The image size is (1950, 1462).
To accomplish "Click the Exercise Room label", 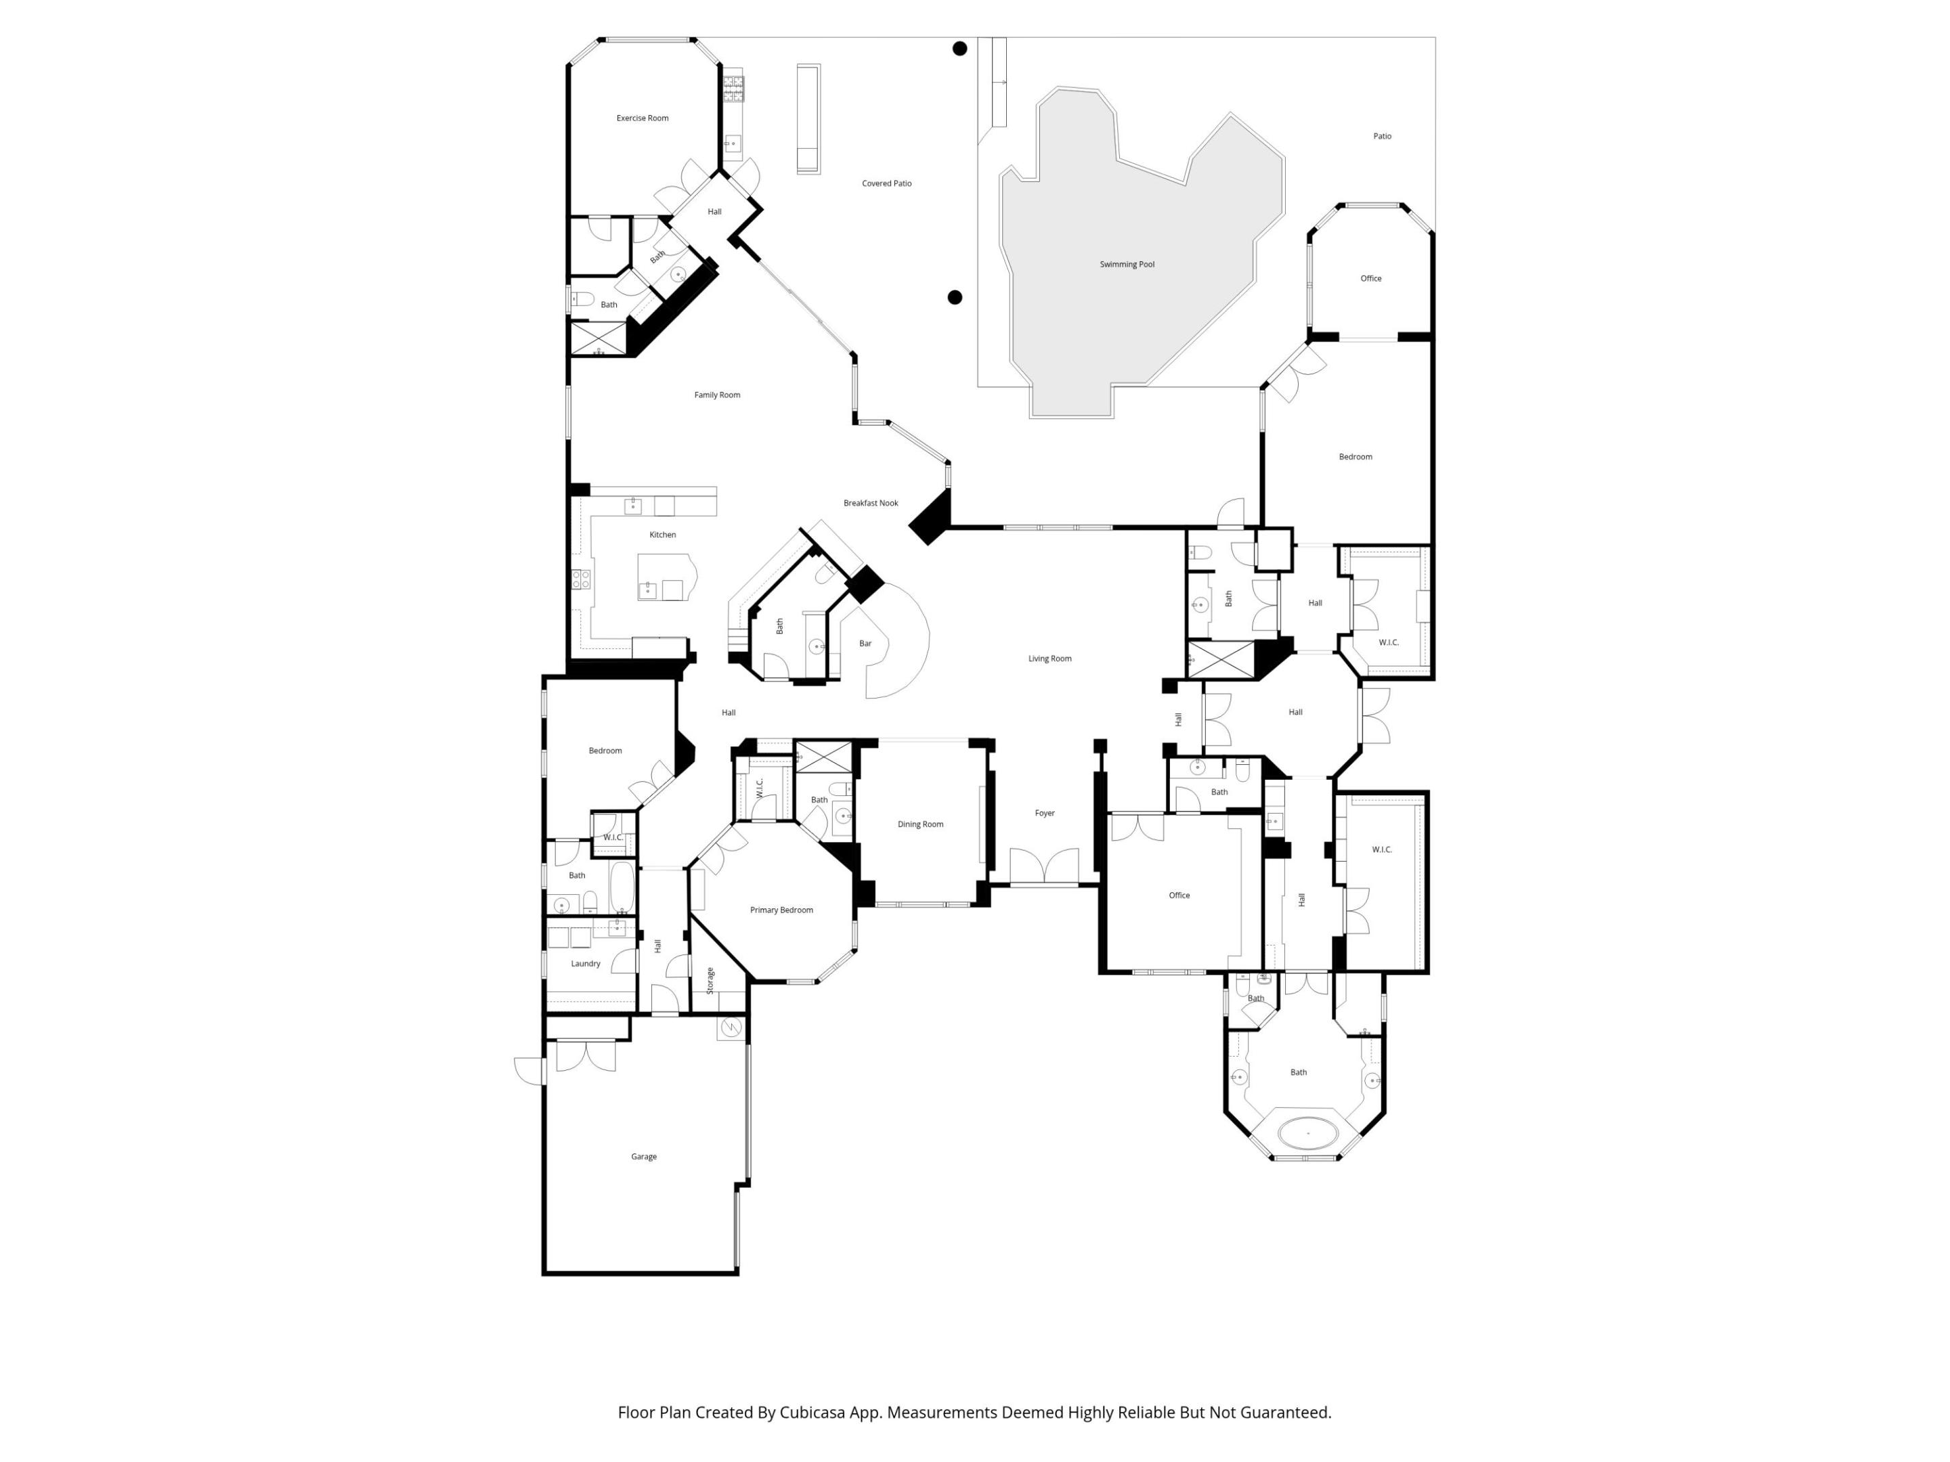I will point(642,118).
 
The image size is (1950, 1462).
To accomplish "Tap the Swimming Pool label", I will point(1127,265).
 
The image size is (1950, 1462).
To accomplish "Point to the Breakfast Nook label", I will point(870,503).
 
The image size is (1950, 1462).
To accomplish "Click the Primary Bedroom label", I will point(781,910).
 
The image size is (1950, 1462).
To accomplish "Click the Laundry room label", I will point(586,964).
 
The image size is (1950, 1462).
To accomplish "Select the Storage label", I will point(710,981).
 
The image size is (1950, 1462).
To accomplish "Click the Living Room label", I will point(1049,659).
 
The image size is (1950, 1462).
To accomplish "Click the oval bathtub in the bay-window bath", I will point(1308,1133).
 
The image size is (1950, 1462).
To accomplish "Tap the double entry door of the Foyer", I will point(1044,868).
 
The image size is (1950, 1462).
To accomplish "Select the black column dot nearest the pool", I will point(954,298).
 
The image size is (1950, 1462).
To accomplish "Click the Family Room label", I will point(717,395).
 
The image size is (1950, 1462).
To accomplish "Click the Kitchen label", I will point(662,535).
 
